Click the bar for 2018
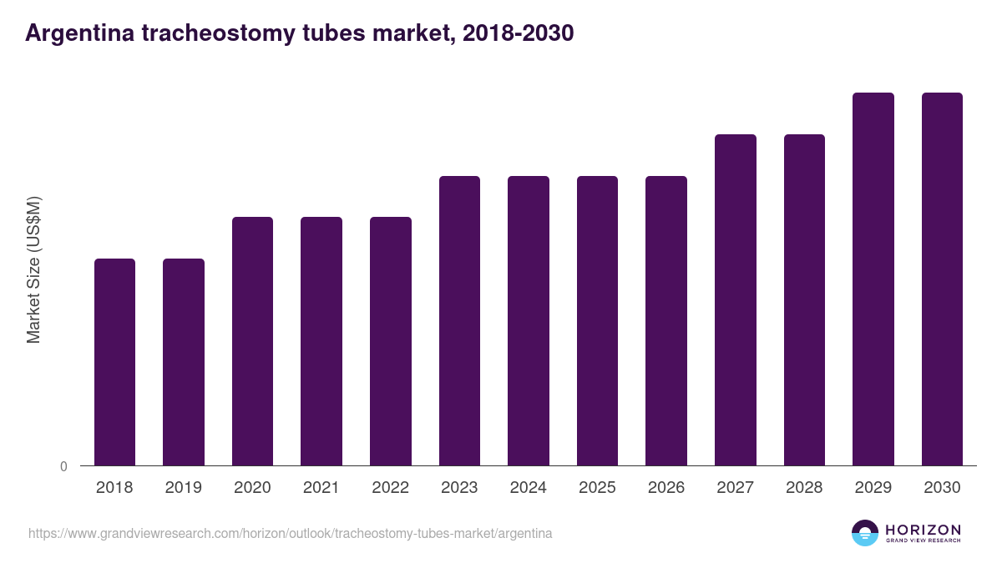(x=114, y=362)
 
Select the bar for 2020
(x=252, y=341)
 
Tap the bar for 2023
(x=459, y=320)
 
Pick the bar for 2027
(x=736, y=299)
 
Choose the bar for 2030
(x=942, y=279)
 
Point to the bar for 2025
(x=597, y=320)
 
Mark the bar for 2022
(x=391, y=341)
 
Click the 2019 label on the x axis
(x=184, y=488)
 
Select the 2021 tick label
(x=321, y=488)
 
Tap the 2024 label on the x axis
(x=529, y=488)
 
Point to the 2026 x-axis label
(x=666, y=488)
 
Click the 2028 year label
(x=804, y=488)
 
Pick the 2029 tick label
(x=873, y=488)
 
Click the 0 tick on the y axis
(x=63, y=467)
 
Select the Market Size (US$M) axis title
(x=33, y=269)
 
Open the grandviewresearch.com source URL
(x=290, y=533)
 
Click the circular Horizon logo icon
(x=865, y=533)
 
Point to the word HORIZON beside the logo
(x=923, y=530)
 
